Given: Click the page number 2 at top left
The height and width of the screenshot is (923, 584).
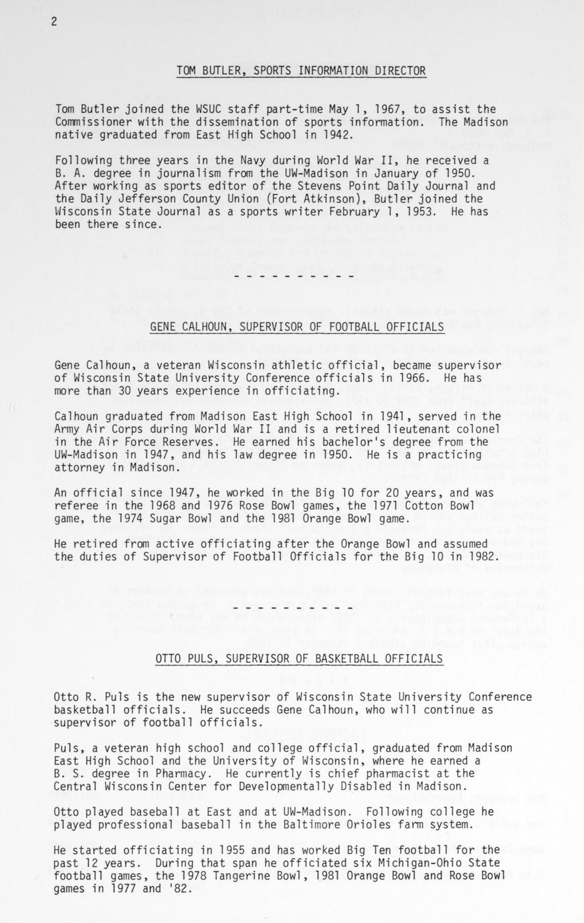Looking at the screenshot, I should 54,21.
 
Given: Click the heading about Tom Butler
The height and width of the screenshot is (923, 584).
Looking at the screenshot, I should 301,71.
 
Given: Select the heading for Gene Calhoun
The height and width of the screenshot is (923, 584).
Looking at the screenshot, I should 297,326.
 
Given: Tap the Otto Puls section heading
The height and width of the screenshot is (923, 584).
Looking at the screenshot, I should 298,659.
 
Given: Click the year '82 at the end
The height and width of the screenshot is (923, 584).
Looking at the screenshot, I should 179,888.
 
